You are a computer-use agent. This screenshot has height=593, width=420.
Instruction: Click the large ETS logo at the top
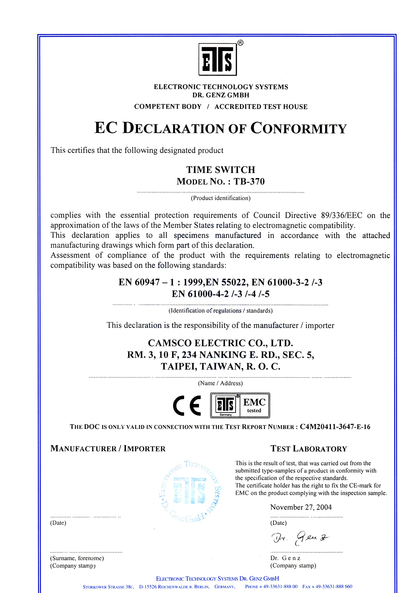218,59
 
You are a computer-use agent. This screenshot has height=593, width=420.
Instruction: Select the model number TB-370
249,182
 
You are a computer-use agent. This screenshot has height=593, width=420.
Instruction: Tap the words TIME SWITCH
221,170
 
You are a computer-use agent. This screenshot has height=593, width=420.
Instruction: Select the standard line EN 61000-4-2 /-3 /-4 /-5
221,294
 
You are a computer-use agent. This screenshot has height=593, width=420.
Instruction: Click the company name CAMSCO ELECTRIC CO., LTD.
220,343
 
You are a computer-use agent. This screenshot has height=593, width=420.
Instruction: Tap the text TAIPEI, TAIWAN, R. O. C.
221,366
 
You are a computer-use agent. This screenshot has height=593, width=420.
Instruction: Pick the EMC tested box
254,405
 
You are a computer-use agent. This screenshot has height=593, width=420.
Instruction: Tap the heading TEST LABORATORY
309,448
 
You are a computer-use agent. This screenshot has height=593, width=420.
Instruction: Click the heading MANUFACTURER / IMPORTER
108,448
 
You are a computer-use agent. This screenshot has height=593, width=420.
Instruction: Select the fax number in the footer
327,587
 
